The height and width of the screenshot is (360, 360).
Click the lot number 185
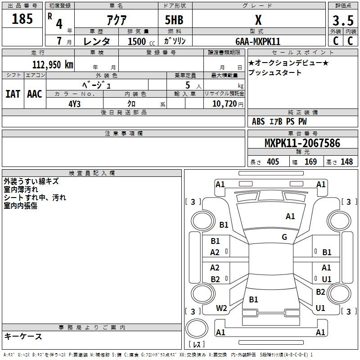22,19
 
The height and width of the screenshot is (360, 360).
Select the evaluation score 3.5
343,21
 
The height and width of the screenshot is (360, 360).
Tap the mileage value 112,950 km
53,65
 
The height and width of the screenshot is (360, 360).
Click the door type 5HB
174,20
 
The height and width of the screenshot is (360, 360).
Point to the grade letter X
258,20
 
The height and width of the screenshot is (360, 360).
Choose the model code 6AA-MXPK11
258,41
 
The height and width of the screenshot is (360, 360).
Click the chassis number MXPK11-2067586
302,143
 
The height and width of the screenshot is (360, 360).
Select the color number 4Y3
75,104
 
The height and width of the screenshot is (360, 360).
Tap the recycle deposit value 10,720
225,104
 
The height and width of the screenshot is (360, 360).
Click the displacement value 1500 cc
141,41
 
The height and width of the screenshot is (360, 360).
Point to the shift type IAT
13,94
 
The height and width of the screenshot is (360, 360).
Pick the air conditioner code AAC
35,94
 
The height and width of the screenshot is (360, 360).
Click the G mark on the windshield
284,237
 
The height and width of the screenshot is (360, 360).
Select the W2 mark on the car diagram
221,308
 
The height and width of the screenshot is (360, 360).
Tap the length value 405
273,162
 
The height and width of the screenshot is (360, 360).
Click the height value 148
346,162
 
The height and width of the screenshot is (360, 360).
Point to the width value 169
310,162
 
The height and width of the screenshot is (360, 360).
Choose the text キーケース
23,337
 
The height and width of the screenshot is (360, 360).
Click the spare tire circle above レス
197,328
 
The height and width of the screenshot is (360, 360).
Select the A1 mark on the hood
290,216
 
